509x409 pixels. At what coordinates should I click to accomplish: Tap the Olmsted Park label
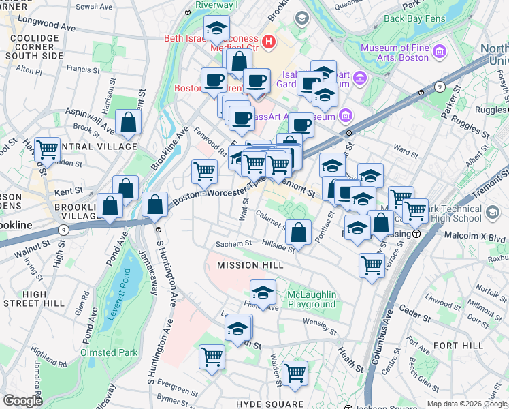109,352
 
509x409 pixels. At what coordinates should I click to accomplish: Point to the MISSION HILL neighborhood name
246,264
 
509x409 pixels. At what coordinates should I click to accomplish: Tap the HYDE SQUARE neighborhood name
269,404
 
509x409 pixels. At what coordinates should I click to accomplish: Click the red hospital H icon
268,42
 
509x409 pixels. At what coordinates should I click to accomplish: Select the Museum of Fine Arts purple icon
439,52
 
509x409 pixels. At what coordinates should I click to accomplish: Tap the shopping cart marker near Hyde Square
295,372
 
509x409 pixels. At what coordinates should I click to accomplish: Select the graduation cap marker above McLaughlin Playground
263,292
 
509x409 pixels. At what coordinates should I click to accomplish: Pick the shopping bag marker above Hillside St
298,232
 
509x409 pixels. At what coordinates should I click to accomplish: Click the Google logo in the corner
23,401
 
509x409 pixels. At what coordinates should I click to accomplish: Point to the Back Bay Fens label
413,18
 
